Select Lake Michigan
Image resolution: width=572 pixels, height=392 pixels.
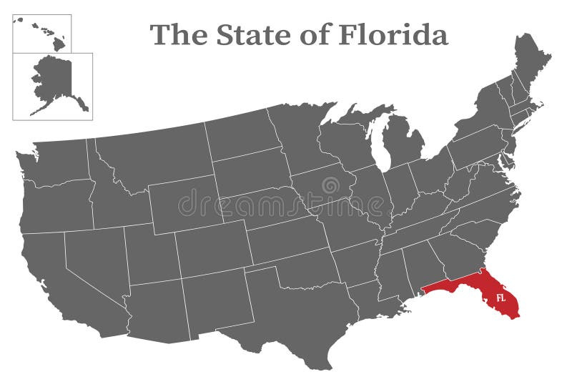(379, 143)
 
